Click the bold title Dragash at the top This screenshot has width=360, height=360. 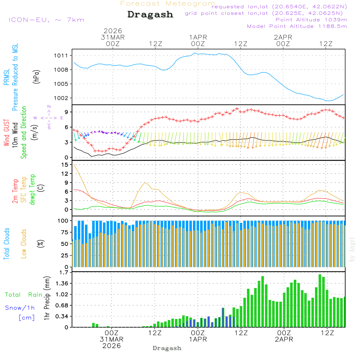[150, 14]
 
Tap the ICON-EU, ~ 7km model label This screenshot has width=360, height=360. [46, 20]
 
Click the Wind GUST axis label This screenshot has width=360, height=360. [6, 133]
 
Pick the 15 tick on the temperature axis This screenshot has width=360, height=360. [65, 165]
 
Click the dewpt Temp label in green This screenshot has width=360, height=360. [33, 189]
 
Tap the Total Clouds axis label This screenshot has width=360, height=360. [6, 244]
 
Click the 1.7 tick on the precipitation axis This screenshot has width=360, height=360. [64, 273]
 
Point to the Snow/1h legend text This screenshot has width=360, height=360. [20, 308]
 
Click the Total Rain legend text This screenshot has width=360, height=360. [23, 295]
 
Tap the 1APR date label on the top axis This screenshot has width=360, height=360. [198, 37]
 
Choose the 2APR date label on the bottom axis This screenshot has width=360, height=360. [284, 339]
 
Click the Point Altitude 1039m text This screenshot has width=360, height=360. [311, 19]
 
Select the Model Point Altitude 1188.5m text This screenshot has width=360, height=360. [297, 26]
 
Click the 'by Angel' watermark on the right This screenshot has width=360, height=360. [352, 249]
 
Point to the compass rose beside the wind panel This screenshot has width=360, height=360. [49, 117]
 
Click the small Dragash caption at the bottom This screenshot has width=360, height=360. [167, 348]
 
